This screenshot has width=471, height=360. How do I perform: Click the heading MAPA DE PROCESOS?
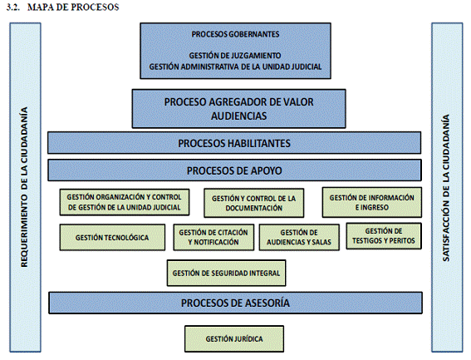click(x=73, y=7)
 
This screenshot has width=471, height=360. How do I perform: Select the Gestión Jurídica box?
click(x=234, y=338)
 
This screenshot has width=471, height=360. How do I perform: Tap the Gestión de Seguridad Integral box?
click(x=226, y=273)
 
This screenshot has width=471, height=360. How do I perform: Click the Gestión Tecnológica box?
click(x=112, y=237)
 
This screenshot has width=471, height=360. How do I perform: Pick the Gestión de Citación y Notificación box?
click(x=213, y=237)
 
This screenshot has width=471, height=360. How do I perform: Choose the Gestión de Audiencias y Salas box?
click(x=299, y=237)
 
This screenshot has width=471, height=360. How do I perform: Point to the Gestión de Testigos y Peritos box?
click(x=384, y=236)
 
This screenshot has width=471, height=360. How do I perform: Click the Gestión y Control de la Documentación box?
click(x=254, y=203)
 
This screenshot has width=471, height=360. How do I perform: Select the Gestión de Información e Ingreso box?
click(x=372, y=202)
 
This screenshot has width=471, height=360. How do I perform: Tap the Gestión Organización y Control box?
click(x=125, y=202)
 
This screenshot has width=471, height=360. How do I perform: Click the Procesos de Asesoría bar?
click(x=236, y=303)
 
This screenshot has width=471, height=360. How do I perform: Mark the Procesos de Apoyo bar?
click(x=234, y=170)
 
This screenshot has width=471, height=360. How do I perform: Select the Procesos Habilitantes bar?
click(x=234, y=143)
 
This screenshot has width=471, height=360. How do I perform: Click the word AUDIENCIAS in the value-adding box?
click(x=238, y=116)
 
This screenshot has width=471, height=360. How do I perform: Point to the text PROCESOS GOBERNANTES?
click(x=236, y=34)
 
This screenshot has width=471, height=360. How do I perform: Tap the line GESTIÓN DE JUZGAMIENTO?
click(x=235, y=56)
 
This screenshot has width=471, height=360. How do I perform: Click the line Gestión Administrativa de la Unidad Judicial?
click(x=236, y=67)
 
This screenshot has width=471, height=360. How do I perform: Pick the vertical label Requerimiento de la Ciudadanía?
click(x=24, y=187)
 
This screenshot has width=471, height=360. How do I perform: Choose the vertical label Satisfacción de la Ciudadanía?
click(x=446, y=188)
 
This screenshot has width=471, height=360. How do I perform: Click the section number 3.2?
click(x=13, y=7)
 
